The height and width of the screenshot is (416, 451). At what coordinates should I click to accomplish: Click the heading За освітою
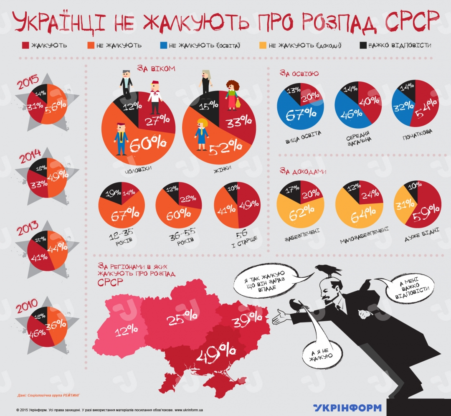(x=299, y=74)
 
